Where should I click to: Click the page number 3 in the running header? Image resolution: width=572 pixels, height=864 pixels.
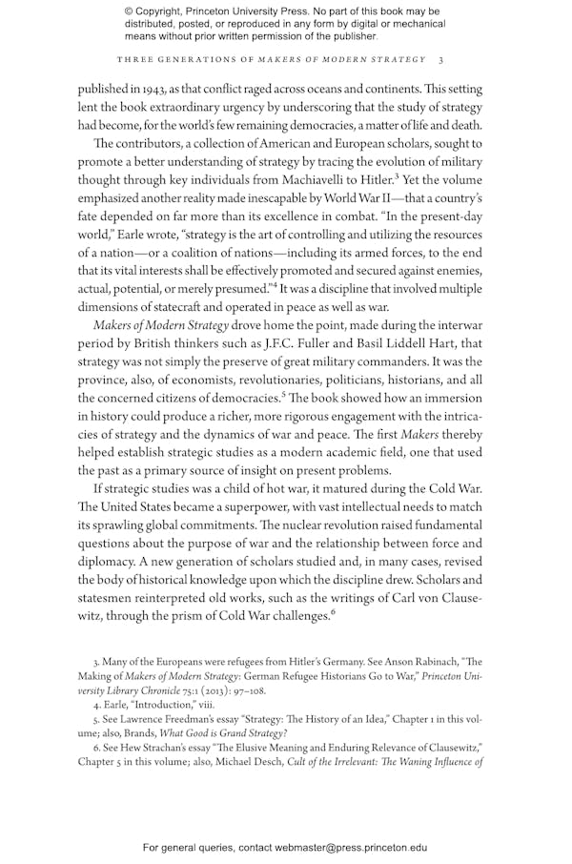439,59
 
